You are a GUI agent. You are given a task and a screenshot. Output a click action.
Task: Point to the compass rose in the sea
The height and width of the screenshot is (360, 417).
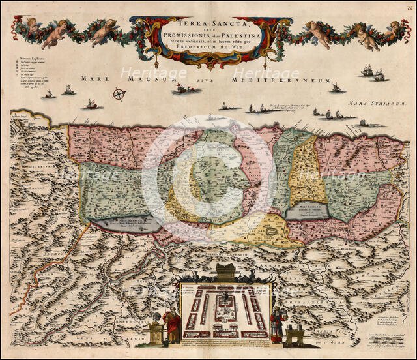coord(119,94)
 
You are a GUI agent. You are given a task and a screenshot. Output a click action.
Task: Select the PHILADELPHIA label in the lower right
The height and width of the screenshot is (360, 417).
coord(334,292)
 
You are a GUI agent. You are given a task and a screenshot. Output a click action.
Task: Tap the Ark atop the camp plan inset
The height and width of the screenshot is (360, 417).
coord(225,273)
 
